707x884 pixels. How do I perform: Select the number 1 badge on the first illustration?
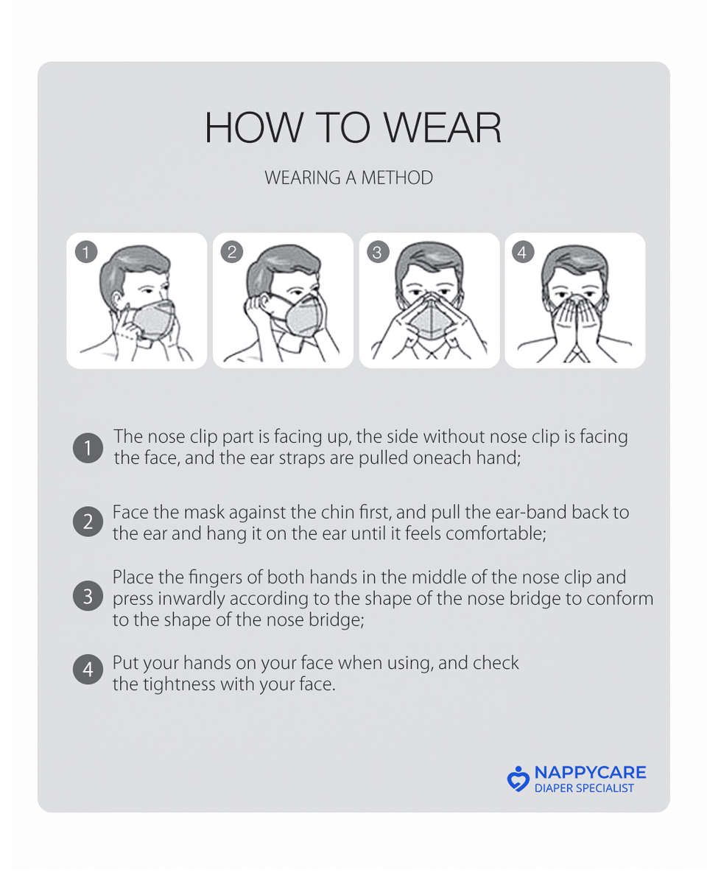coord(86,253)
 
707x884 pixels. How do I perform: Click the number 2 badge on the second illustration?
coord(232,253)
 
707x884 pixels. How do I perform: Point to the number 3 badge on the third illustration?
coord(377,253)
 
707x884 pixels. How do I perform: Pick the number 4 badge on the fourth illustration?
coord(522,253)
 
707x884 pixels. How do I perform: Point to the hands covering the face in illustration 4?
coord(575,324)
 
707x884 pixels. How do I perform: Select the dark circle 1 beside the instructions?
coord(88,448)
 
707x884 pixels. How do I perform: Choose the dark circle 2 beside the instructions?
coord(88,522)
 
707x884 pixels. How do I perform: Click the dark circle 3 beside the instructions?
coord(88,597)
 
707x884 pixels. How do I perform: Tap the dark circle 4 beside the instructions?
coord(88,670)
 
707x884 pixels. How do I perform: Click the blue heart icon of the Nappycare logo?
coord(518,779)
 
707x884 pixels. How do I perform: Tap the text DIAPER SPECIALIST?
coord(584,788)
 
